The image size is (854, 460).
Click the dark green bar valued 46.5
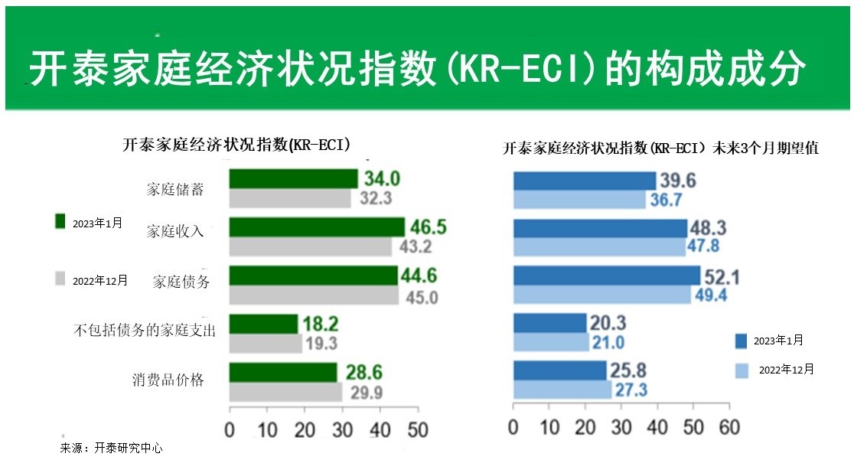pyautogui.click(x=317, y=227)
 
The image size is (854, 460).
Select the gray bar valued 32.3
pyautogui.click(x=290, y=198)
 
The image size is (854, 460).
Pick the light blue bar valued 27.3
pyautogui.click(x=562, y=389)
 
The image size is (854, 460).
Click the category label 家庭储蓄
pyautogui.click(x=175, y=189)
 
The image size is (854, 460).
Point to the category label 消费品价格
pyautogui.click(x=168, y=379)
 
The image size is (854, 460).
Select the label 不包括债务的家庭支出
pyautogui.click(x=144, y=330)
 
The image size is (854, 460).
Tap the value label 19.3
pyautogui.click(x=322, y=344)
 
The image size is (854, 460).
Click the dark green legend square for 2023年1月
pyautogui.click(x=60, y=221)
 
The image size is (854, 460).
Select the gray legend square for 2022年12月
pyautogui.click(x=60, y=279)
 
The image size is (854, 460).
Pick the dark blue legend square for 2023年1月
pyautogui.click(x=741, y=341)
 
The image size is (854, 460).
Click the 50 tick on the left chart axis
pyautogui.click(x=417, y=429)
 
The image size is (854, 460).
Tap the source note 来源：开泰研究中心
pyautogui.click(x=112, y=449)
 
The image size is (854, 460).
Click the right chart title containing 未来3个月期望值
pyautogui.click(x=660, y=149)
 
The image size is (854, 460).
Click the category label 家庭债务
pyautogui.click(x=181, y=281)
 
